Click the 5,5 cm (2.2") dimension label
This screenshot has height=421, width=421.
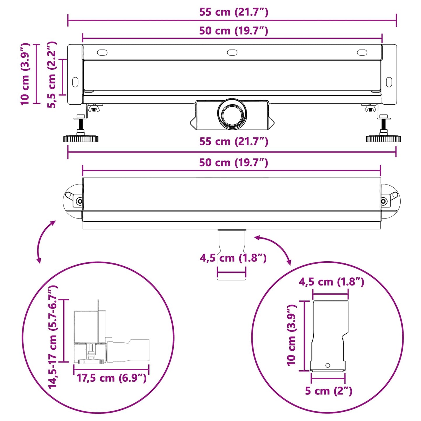point(52,75)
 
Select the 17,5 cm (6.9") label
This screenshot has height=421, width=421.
point(111,378)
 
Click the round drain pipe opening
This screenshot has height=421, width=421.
point(232,114)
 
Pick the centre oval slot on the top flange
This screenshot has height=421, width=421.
point(232,52)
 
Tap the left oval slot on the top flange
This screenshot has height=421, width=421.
point(102,52)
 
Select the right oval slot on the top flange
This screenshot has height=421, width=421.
point(362,52)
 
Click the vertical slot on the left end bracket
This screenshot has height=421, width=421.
point(75,82)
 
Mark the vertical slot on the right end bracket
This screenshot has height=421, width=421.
point(389,82)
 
